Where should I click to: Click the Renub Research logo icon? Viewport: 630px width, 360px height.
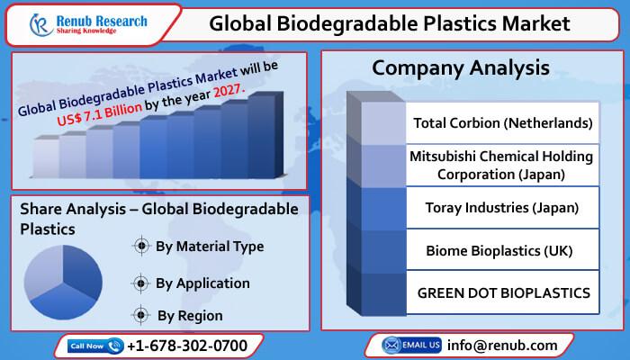point(40,25)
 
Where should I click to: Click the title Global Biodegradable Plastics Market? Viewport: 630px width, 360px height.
point(390,23)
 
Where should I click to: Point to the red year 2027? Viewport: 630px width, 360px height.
point(229,91)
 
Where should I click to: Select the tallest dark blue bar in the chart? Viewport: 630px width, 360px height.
point(265,135)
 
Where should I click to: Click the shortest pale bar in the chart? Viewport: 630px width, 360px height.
point(46,157)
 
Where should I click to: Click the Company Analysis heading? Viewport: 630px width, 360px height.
point(461,67)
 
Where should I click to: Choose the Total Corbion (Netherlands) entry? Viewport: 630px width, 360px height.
point(502,123)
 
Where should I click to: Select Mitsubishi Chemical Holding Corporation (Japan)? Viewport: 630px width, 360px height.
point(501,165)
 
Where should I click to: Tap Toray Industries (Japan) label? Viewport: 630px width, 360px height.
point(502,208)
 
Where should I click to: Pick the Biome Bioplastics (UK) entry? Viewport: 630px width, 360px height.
point(499,251)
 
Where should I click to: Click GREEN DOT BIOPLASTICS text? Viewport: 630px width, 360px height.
point(504,292)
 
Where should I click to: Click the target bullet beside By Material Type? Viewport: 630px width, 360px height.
point(141,246)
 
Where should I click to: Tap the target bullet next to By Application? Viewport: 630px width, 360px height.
point(140,283)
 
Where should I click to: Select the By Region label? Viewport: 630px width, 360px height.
point(190,316)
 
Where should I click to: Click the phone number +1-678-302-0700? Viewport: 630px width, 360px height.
point(187,346)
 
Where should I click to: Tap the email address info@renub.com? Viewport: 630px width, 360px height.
point(502,345)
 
